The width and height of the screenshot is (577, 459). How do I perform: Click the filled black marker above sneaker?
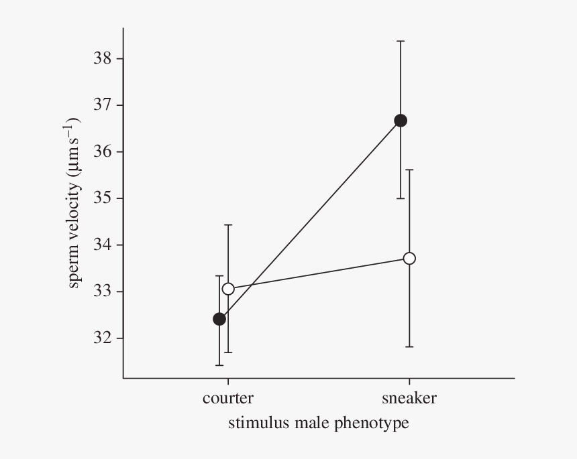(401, 121)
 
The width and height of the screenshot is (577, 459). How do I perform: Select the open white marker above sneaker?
(409, 258)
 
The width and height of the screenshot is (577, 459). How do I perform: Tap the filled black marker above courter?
(219, 319)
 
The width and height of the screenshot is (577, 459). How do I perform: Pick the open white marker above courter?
(228, 289)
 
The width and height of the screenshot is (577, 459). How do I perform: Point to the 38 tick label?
(102, 58)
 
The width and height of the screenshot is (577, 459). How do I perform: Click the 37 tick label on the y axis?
(102, 105)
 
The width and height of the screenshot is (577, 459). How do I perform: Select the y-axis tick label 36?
(102, 151)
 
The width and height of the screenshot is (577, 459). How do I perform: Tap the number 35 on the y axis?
(102, 198)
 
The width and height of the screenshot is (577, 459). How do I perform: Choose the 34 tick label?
(102, 245)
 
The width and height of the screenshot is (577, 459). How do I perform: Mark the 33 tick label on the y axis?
(102, 291)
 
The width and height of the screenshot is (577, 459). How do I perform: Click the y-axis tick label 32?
(102, 338)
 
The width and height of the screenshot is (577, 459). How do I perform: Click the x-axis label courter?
(228, 399)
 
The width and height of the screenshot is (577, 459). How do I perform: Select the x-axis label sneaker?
(409, 399)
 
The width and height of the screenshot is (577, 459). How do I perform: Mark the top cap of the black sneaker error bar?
(401, 42)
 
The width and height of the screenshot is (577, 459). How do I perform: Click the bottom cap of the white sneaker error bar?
(409, 346)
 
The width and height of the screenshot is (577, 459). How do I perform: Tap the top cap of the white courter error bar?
(228, 225)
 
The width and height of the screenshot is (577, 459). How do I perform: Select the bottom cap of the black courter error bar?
(219, 365)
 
